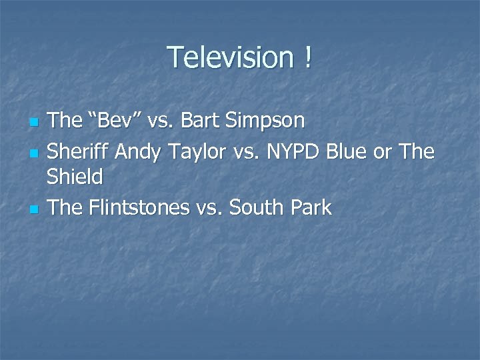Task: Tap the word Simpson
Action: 273,121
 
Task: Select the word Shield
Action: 76,178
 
